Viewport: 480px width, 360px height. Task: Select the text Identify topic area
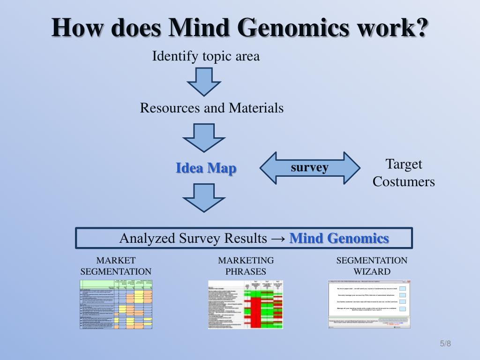pos(206,57)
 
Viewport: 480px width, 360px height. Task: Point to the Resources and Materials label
pos(211,108)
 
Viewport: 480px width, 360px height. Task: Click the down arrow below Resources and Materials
pos(204,137)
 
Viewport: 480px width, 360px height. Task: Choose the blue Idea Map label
pos(206,168)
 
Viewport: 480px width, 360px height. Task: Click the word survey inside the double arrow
pos(309,167)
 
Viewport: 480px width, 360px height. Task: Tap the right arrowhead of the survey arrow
pos(351,167)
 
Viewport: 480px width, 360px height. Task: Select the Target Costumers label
pos(404,173)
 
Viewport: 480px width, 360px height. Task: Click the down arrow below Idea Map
pos(204,197)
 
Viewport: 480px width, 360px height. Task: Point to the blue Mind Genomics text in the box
pos(339,238)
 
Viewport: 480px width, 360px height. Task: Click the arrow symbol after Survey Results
pos(278,239)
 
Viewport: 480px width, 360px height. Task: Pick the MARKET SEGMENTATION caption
pos(116,266)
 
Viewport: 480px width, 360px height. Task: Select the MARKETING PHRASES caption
pos(246,266)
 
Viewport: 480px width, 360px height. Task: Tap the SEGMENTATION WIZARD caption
pos(372,266)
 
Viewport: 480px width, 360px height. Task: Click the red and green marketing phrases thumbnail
pos(246,304)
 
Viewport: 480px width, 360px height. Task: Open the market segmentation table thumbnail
pos(116,304)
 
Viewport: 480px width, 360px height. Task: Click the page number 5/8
pos(445,344)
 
